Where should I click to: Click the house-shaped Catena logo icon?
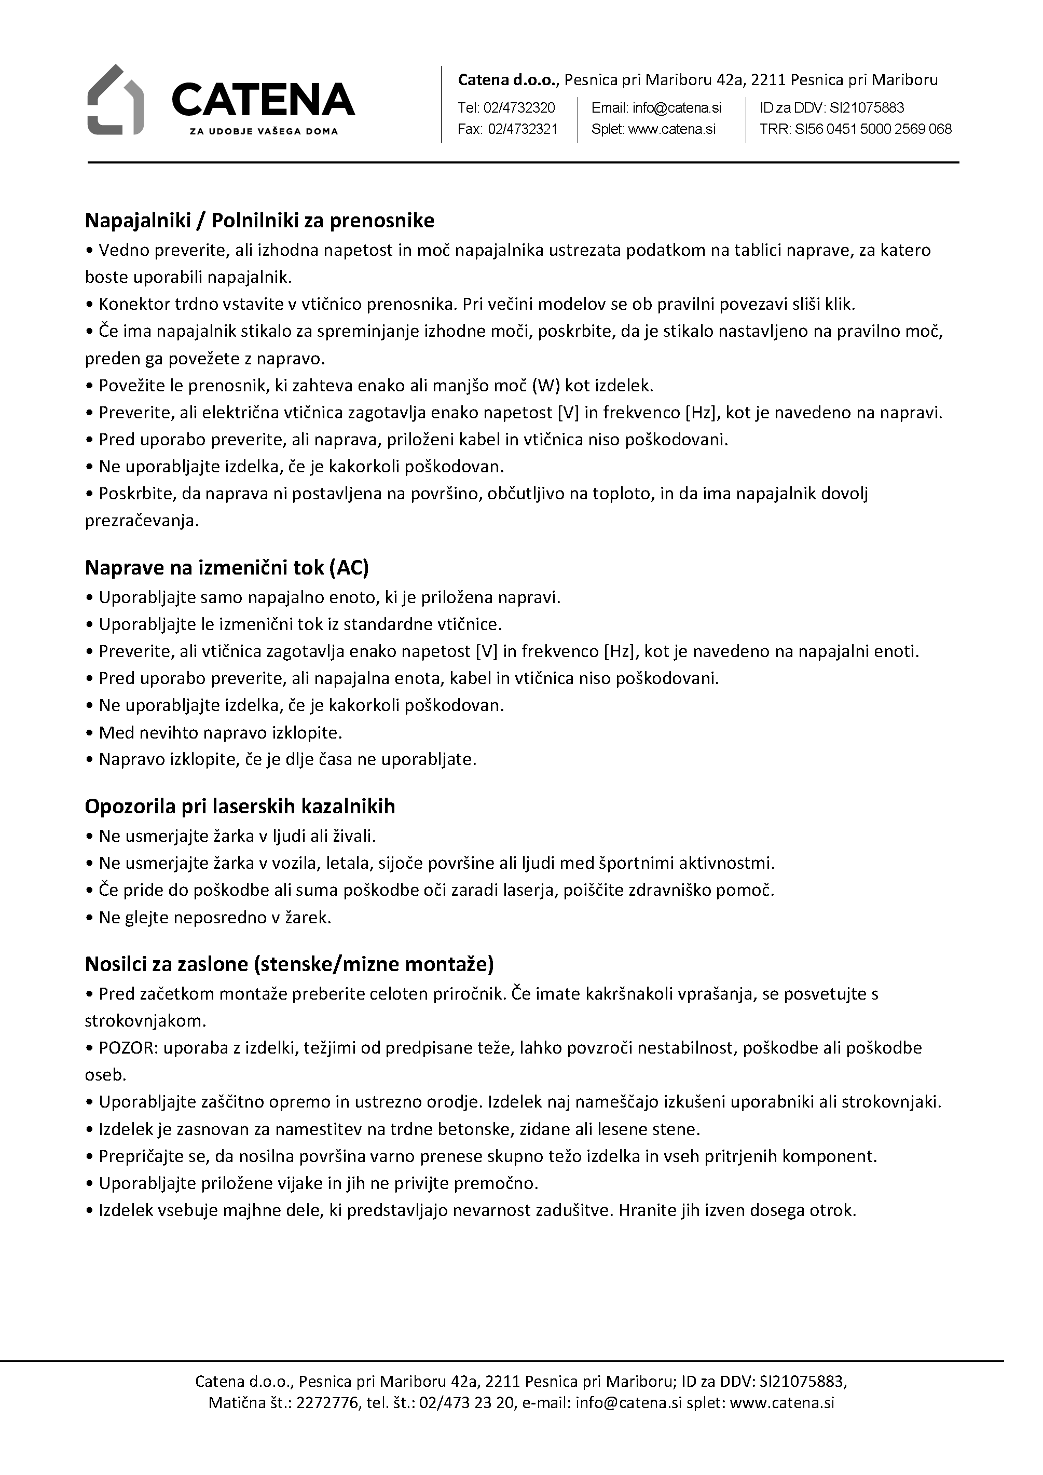116,100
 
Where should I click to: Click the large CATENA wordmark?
263,100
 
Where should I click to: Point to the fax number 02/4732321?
523,129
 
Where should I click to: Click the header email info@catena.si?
677,107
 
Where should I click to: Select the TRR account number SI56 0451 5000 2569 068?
873,129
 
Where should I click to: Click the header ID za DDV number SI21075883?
867,107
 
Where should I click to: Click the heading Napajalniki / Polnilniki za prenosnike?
259,221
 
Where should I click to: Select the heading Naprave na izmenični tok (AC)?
227,568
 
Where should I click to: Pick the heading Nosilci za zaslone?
289,964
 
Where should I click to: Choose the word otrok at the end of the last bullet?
835,1210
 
